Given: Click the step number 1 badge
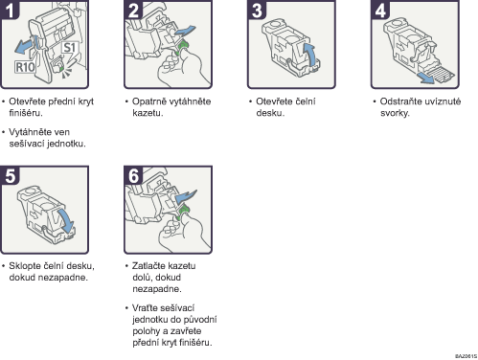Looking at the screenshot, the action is coord(10,11).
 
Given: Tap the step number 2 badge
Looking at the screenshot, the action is coord(133,11).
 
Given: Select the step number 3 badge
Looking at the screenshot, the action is coord(257,11).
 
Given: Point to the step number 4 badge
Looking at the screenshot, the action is coord(380,11).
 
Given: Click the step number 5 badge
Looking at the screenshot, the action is coord(10,175).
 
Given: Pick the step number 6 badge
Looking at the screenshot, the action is coord(133,175).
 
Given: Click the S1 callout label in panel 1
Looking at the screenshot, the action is coord(69,48).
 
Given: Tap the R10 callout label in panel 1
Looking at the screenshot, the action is coord(25,67).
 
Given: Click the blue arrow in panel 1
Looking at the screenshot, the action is coord(25,45).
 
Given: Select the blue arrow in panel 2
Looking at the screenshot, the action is coord(185,31).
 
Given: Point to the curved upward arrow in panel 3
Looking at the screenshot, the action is coord(309,55).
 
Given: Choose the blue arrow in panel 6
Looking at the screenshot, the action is coord(186,196).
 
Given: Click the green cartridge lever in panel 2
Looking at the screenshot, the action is coord(182,47).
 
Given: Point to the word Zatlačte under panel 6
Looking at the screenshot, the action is coord(149,266).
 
